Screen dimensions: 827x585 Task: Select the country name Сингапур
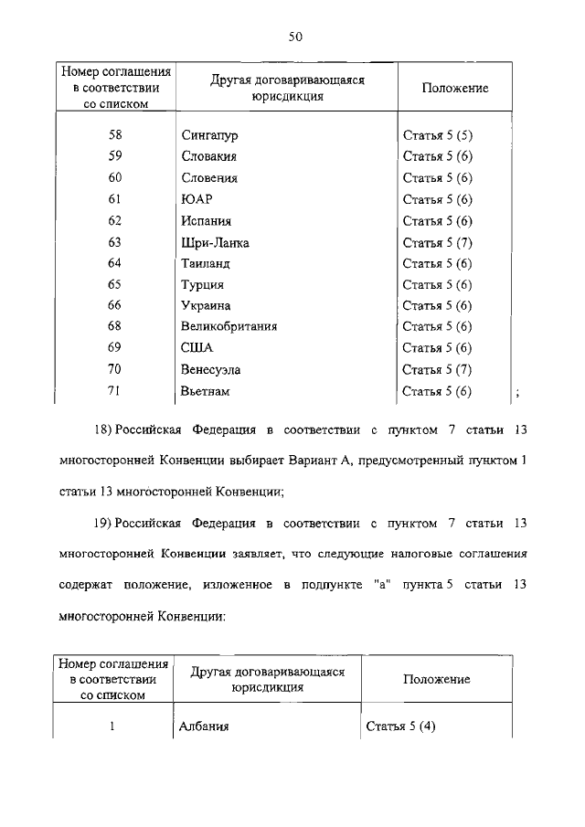[x=210, y=136]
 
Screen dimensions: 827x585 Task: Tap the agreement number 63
[x=114, y=242]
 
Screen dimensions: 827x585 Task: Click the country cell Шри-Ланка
[x=216, y=242]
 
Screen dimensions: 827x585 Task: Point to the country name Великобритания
[x=229, y=326]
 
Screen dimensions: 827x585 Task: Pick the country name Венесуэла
[x=215, y=370]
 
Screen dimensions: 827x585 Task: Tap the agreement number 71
[x=114, y=391]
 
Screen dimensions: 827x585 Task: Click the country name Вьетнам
[x=206, y=391]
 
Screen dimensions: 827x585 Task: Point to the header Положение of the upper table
[x=454, y=89]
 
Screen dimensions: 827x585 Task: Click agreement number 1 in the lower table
[x=113, y=727]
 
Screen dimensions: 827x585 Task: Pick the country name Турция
[x=203, y=285]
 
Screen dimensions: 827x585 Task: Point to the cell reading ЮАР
[x=197, y=200]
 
